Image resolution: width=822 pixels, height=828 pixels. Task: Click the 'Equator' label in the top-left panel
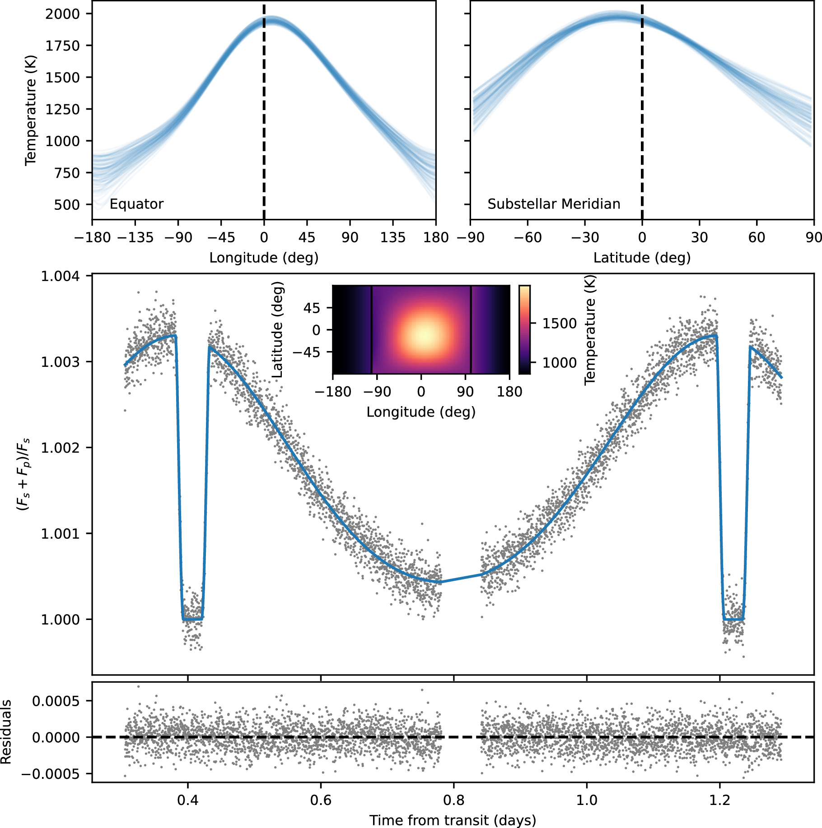tap(136, 204)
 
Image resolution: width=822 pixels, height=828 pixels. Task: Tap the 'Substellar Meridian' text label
tap(553, 204)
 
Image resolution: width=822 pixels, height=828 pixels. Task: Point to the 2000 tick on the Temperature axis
tap(62, 14)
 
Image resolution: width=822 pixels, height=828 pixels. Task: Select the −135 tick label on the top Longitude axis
tap(135, 238)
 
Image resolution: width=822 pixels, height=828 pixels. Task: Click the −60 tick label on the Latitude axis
tap(527, 238)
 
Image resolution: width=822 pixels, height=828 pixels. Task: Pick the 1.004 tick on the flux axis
tap(60, 276)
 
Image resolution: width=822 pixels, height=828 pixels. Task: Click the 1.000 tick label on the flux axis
tap(60, 620)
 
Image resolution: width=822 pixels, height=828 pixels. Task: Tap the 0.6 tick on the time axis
tap(320, 800)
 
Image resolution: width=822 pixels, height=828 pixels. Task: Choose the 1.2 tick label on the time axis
tap(719, 800)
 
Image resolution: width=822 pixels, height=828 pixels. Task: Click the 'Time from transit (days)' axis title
tap(453, 820)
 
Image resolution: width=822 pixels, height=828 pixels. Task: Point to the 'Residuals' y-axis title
tap(6, 732)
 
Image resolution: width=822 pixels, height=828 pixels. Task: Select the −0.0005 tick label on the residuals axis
tap(51, 774)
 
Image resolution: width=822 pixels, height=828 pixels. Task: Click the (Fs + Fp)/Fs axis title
tap(23, 474)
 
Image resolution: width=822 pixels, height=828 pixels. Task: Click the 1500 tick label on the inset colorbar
tap(559, 324)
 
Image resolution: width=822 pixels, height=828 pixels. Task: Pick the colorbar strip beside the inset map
tap(524, 329)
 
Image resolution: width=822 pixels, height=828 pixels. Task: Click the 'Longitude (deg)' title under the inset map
tap(421, 412)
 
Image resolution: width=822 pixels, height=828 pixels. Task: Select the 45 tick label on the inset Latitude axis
tap(312, 308)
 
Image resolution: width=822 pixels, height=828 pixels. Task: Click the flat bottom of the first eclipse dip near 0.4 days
tap(192, 619)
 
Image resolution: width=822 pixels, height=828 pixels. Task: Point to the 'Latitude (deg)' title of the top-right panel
tap(641, 258)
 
